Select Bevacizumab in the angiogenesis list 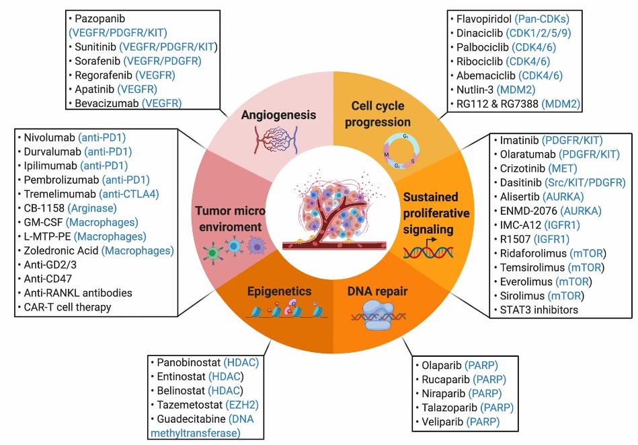coord(108,103)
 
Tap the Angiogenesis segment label coord(279,115)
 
